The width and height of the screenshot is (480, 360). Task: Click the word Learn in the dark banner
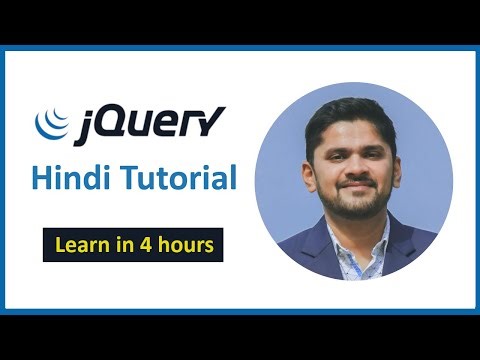tap(79, 244)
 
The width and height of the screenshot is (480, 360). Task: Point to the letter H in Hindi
tap(41, 179)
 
